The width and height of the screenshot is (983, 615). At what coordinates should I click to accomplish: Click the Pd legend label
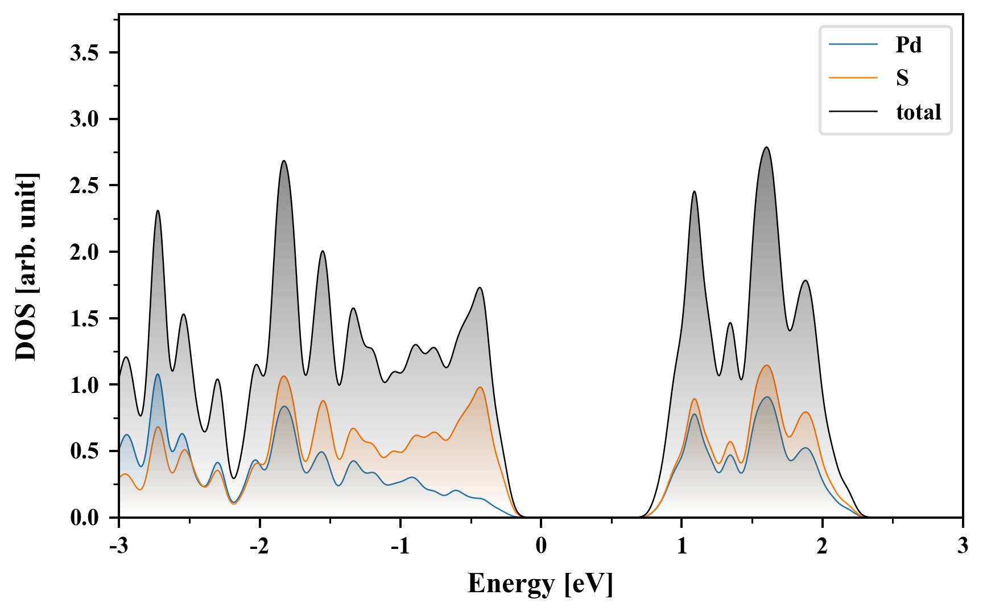(x=908, y=44)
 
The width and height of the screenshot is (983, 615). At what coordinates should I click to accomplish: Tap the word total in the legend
(x=918, y=112)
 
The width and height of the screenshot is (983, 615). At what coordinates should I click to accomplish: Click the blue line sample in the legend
(x=853, y=44)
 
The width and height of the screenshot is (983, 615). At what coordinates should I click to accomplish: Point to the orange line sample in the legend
(x=853, y=77)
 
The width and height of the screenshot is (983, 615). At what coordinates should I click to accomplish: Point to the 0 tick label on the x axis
(x=541, y=546)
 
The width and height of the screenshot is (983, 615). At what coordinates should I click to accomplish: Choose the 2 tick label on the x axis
(x=822, y=546)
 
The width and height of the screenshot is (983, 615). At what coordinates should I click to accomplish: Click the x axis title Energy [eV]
(x=540, y=584)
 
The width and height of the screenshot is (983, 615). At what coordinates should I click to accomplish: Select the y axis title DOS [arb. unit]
(x=26, y=266)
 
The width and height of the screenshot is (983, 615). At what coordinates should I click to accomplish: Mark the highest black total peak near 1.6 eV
(x=766, y=147)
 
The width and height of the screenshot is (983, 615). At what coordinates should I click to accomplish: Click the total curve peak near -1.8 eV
(x=284, y=161)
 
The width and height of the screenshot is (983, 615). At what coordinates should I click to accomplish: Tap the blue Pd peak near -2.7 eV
(x=158, y=374)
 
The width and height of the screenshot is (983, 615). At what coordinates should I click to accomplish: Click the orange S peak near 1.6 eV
(x=767, y=366)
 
